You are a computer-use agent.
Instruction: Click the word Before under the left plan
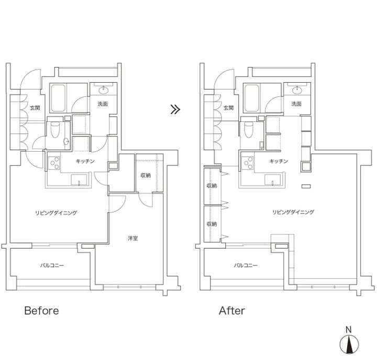point(41,311)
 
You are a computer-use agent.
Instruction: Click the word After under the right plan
point(232,311)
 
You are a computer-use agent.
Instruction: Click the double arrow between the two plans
point(175,109)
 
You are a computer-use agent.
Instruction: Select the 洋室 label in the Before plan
point(132,239)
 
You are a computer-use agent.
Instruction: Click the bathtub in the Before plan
point(58,98)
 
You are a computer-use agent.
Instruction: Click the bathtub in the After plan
point(252,98)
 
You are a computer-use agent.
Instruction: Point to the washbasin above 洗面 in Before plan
point(104,90)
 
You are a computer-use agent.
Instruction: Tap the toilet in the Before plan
point(55,130)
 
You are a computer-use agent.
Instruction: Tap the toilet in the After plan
point(249,130)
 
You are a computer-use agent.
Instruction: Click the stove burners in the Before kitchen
point(54,163)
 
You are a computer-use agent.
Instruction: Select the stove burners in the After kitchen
point(248,163)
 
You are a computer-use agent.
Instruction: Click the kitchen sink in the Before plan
point(79,180)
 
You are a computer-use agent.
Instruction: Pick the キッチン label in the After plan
point(279,161)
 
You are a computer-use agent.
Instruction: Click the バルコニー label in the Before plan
point(52,265)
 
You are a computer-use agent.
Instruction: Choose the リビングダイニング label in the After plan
point(293,212)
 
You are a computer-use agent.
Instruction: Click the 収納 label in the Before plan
point(146,175)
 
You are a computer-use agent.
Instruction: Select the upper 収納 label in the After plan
point(212,186)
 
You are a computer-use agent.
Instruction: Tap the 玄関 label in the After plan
point(228,108)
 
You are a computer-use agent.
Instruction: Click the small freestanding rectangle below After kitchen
point(306,186)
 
